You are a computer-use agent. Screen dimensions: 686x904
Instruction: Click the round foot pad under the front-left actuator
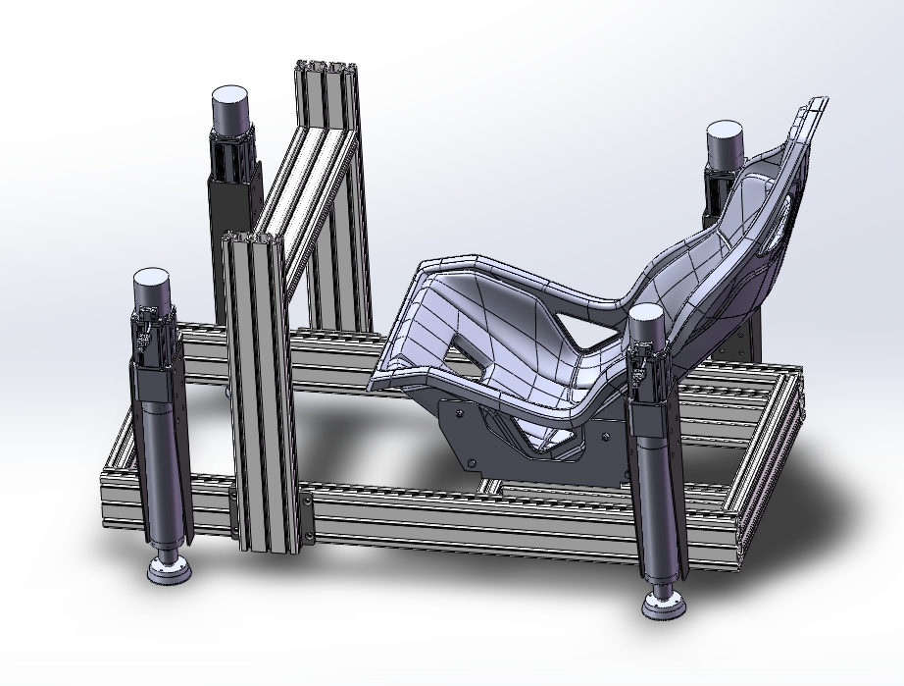click(x=171, y=570)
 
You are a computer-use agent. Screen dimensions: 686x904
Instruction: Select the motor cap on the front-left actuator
click(x=154, y=287)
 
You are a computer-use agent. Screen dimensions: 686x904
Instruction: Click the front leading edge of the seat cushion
click(x=392, y=378)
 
